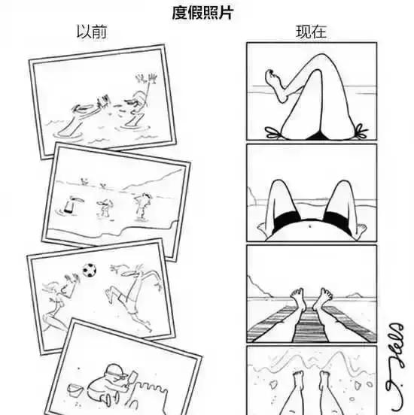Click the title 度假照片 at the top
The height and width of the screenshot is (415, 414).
tap(202, 13)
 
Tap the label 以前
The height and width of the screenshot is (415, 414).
tap(87, 32)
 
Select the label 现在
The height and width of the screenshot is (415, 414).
tap(310, 32)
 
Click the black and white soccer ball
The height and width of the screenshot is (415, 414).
tap(90, 269)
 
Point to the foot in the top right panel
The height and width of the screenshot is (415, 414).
tap(274, 78)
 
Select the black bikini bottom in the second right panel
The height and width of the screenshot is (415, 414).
tap(312, 224)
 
